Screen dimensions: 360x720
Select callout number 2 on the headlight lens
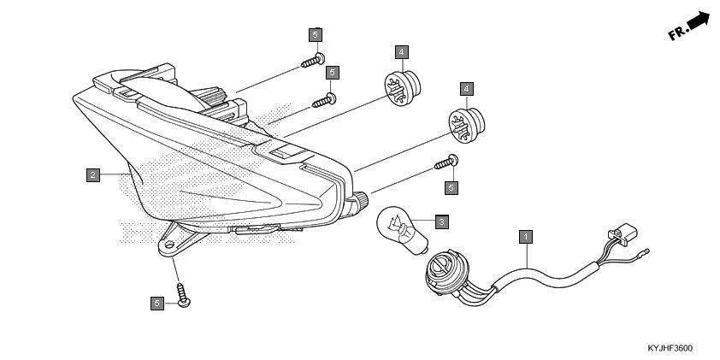point(92,175)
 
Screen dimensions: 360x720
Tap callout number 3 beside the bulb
point(441,222)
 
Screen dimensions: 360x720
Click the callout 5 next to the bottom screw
point(157,303)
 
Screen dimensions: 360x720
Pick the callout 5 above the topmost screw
point(316,34)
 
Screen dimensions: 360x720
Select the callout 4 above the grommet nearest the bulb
point(466,89)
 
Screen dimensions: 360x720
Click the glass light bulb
point(398,224)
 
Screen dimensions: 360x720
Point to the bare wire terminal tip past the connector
point(648,252)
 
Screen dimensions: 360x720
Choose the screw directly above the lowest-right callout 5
point(448,162)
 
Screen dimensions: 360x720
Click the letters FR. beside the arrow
point(678,33)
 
